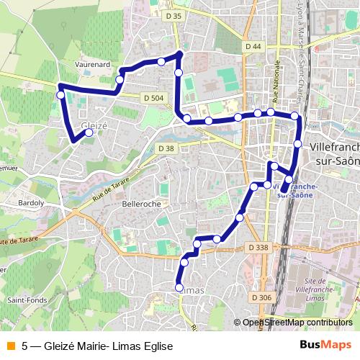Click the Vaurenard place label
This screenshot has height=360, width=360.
pyautogui.click(x=91, y=64)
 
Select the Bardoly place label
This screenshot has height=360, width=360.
pyautogui.click(x=30, y=203)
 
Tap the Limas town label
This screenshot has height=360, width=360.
pyautogui.click(x=191, y=289)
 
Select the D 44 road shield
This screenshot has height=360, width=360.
pyautogui.click(x=252, y=46)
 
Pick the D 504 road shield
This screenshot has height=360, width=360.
pyautogui.click(x=154, y=99)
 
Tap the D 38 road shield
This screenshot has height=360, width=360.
pyautogui.click(x=166, y=148)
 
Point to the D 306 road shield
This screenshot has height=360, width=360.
pyautogui.click(x=262, y=297)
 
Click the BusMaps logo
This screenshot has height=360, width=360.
pyautogui.click(x=325, y=345)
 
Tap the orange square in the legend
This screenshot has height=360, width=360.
pyautogui.click(x=10, y=345)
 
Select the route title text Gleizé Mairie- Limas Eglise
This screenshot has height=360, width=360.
pyautogui.click(x=108, y=345)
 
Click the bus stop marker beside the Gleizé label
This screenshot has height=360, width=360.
pyautogui.click(x=89, y=132)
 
